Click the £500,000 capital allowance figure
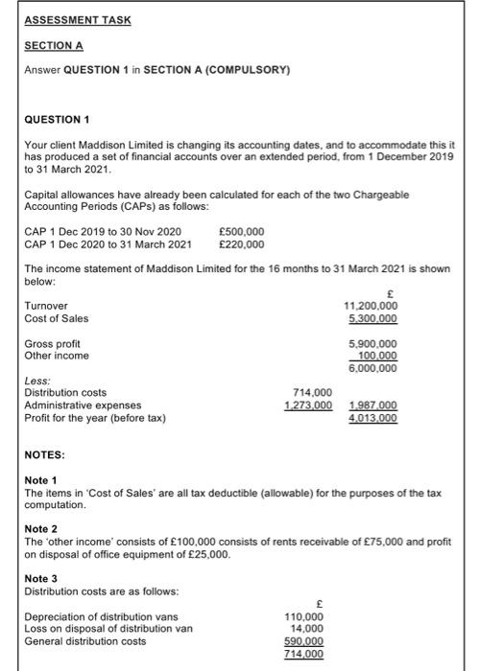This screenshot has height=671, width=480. (242, 231)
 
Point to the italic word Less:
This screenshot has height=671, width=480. (37, 381)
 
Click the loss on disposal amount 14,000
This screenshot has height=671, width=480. (308, 630)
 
